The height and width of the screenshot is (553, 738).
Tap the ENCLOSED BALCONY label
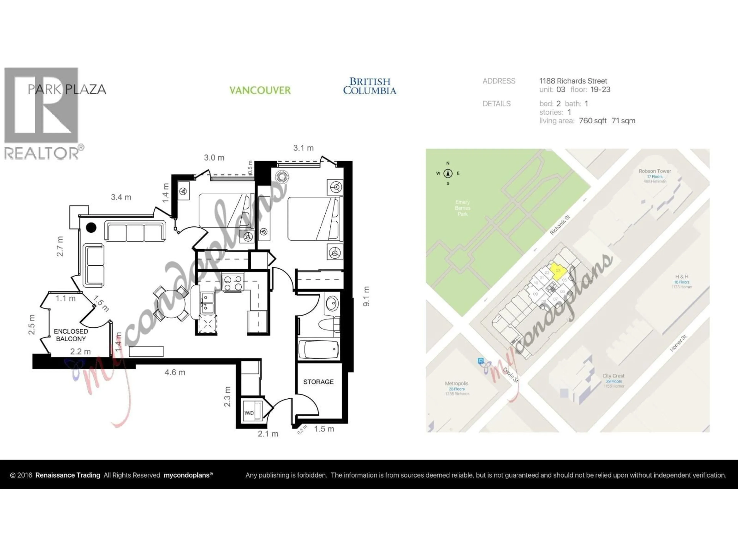coord(71,335)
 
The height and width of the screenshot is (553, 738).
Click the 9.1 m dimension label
coord(366,296)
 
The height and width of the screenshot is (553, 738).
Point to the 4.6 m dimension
coord(175,372)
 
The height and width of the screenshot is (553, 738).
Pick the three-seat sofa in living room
coord(135,231)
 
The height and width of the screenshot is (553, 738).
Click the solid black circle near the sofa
coord(91,228)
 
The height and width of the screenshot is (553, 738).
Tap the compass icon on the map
coord(448,173)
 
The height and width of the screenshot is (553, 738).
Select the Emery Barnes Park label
coord(462,208)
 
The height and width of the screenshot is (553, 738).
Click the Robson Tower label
coord(655,171)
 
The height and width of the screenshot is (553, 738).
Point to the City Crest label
coord(613,376)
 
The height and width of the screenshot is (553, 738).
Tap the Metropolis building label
coord(456,383)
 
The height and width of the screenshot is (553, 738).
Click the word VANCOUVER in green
coord(260,90)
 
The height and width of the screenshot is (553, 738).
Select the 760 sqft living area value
coord(593,121)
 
